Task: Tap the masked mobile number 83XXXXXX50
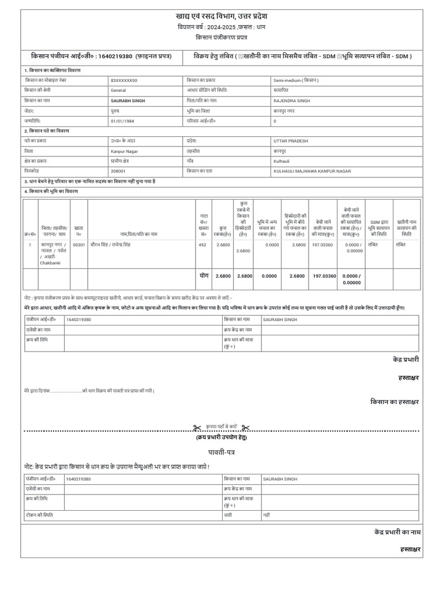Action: (124, 81)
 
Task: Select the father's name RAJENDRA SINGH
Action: (291, 100)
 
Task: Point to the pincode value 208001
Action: (118, 171)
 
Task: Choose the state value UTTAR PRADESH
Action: (291, 141)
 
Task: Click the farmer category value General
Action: (118, 91)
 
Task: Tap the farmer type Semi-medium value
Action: (295, 81)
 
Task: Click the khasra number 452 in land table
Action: (202, 245)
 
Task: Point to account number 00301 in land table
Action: (78, 245)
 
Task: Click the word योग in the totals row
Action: (204, 276)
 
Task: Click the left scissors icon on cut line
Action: (197, 428)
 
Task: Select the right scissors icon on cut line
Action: (245, 428)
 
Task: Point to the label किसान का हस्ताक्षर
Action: (395, 401)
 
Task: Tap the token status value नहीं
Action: (266, 514)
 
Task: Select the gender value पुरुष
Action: (115, 111)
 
